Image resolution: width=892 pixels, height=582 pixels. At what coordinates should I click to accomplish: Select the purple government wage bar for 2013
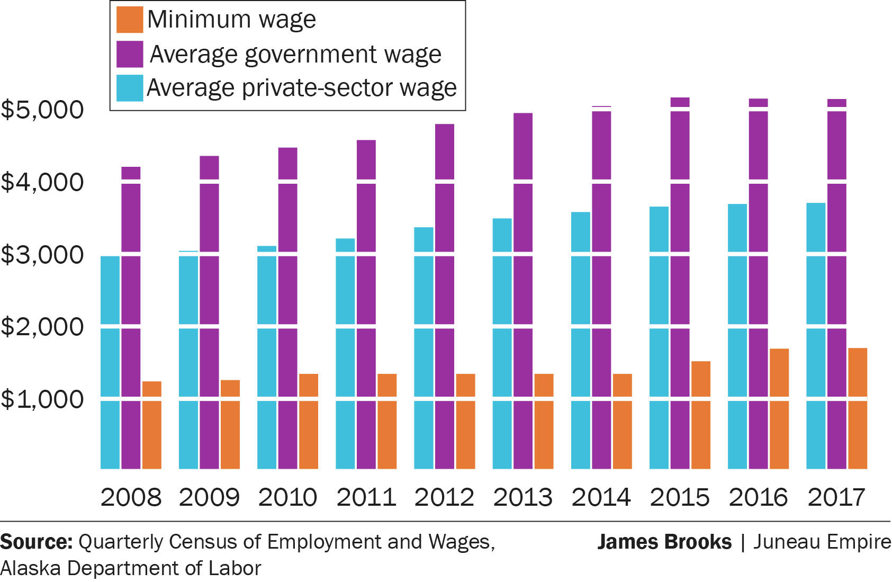(x=523, y=291)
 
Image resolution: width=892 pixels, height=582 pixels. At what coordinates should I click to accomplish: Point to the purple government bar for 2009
(x=209, y=312)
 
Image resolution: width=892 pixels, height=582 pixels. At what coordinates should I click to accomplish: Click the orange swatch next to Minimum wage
(x=130, y=20)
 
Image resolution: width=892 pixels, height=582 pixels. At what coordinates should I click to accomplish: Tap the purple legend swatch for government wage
(x=130, y=54)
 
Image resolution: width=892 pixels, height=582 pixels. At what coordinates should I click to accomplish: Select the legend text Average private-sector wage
(x=301, y=88)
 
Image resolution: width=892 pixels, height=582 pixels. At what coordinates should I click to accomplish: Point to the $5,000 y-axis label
(x=42, y=110)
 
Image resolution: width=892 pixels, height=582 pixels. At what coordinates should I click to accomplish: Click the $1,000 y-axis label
(x=42, y=399)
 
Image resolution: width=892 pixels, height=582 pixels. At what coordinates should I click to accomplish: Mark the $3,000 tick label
(x=42, y=255)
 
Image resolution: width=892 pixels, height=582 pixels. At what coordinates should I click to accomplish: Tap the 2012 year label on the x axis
(x=444, y=497)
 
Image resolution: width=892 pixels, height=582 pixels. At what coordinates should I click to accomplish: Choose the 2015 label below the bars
(x=680, y=497)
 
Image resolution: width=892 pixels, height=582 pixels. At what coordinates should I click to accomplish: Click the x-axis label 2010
(x=287, y=497)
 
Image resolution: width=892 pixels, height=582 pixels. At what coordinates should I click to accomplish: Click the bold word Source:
(x=37, y=542)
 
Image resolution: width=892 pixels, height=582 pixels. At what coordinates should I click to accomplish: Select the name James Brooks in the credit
(x=664, y=542)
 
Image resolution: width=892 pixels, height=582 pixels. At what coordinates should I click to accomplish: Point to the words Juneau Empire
(x=822, y=542)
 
